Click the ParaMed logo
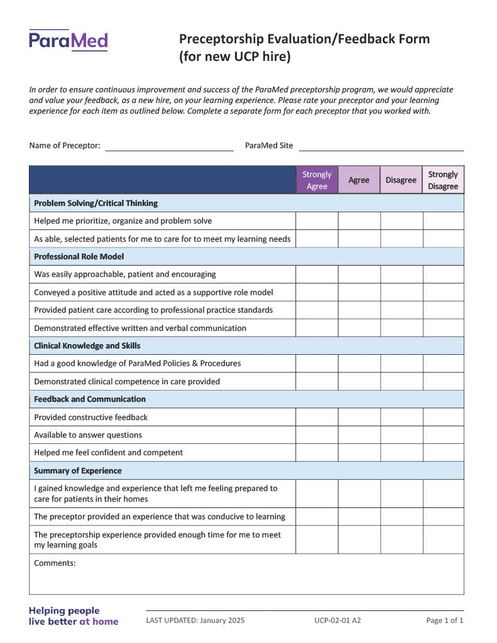(68, 41)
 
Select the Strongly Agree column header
(317, 180)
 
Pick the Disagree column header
(401, 180)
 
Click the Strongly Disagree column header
(443, 180)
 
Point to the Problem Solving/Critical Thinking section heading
(96, 203)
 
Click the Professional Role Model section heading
(79, 257)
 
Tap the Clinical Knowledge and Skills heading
(87, 346)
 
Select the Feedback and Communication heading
(90, 399)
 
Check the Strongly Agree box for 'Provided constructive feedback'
(317, 418)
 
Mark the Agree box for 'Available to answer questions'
(359, 435)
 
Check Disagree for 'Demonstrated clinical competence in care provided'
(401, 382)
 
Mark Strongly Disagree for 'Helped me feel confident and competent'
(443, 453)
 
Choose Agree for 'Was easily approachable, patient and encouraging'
(359, 274)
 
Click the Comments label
(55, 563)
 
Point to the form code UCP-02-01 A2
(337, 621)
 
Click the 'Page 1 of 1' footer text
(444, 621)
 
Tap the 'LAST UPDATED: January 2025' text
(195, 621)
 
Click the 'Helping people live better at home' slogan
(74, 616)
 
